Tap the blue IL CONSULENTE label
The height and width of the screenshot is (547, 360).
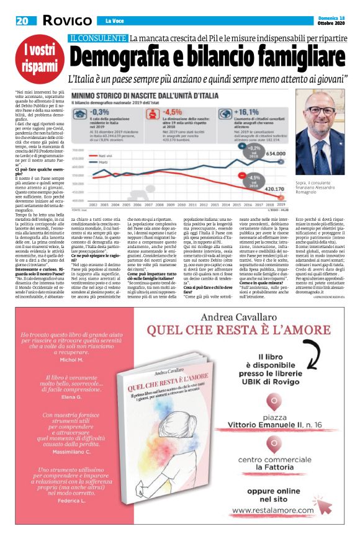[97, 38]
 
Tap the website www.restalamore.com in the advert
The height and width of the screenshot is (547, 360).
[276, 510]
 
